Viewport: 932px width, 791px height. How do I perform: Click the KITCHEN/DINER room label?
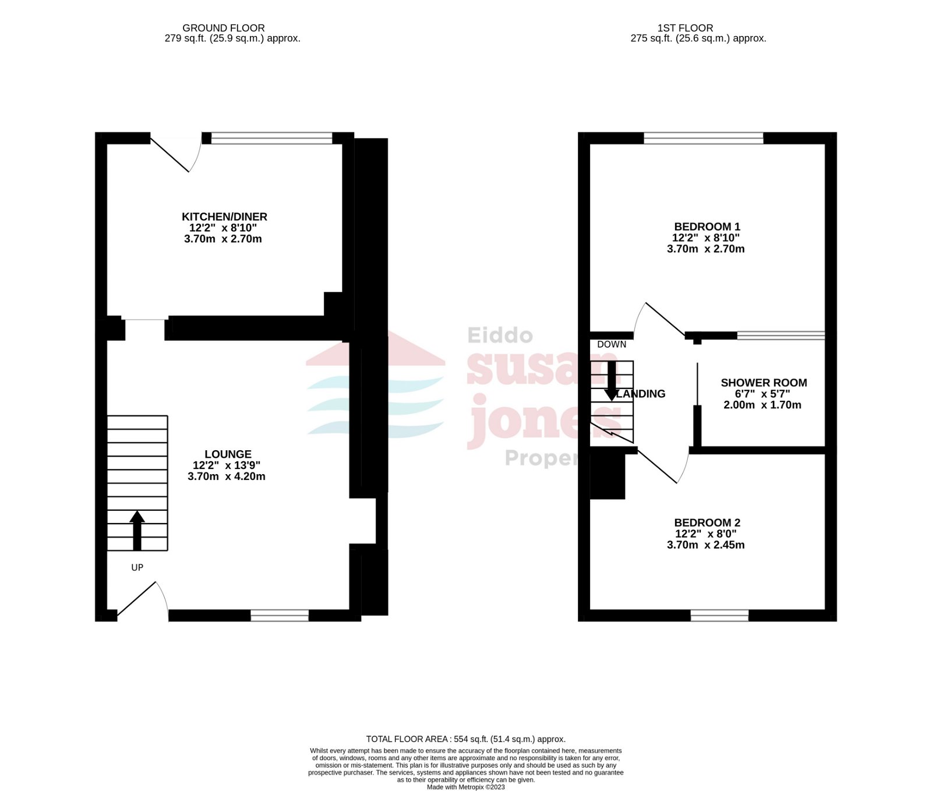[x=224, y=217]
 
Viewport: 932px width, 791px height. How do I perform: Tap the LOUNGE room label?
[x=228, y=454]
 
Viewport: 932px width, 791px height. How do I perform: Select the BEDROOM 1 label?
[x=707, y=227]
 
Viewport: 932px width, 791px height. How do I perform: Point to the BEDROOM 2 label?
[x=707, y=523]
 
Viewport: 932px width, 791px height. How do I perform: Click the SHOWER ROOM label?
[x=764, y=383]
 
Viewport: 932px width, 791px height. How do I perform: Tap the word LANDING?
[x=641, y=394]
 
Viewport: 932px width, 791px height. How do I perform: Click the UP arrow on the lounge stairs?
[x=137, y=530]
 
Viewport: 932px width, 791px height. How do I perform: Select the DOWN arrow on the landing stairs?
[x=611, y=382]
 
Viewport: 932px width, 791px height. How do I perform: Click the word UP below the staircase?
[x=137, y=567]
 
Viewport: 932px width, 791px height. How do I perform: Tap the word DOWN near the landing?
[x=612, y=344]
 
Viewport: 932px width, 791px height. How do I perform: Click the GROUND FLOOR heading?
[x=224, y=28]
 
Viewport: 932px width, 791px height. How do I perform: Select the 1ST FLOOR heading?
[x=685, y=28]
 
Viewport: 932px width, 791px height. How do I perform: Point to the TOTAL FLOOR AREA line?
[x=465, y=739]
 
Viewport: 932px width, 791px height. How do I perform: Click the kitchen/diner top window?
[x=271, y=138]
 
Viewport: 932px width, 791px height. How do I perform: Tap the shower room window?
[x=781, y=336]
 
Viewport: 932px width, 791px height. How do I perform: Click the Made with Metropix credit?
[x=465, y=787]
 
